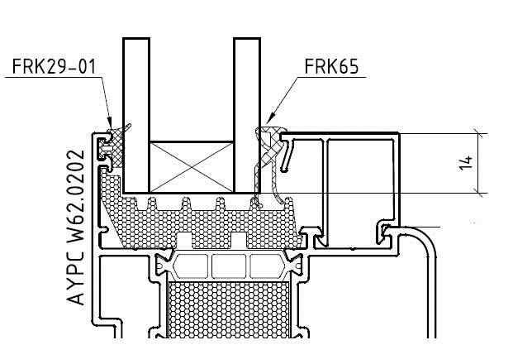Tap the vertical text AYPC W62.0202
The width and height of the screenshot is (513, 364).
coord(76,227)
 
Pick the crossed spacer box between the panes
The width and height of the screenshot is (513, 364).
coord(191,165)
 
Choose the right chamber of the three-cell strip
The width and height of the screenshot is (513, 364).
coord(264,266)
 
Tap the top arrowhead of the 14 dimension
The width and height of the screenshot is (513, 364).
coord(478,137)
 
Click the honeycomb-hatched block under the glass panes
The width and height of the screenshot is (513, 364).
coord(198,219)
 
